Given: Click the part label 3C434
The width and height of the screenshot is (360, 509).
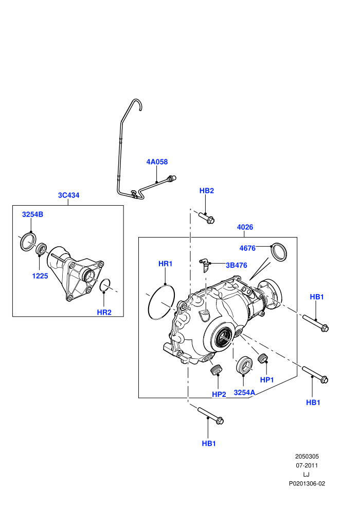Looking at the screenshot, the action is tap(68, 195).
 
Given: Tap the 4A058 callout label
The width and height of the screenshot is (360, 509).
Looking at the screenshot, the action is tap(157, 161).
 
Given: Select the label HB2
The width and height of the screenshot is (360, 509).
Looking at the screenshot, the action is tap(206, 191).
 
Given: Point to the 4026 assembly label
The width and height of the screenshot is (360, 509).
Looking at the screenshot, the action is tap(245, 227).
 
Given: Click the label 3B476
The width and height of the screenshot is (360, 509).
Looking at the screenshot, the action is tap(237, 265).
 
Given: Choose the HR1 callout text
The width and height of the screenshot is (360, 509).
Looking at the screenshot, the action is tap(165, 264).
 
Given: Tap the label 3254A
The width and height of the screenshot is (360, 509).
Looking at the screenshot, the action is tap(244, 392).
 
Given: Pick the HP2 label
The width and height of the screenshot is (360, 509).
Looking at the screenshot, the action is tap(219, 394).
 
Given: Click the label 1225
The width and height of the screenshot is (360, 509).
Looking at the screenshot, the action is tap(40, 276).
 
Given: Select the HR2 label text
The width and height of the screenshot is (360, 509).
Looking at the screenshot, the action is tap(104, 312).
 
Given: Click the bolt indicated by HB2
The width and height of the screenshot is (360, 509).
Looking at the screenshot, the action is tap(206, 217).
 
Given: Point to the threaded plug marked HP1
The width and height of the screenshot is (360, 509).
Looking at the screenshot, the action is tap(263, 357).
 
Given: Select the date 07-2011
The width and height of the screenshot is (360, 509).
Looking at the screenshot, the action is tap(307, 465).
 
